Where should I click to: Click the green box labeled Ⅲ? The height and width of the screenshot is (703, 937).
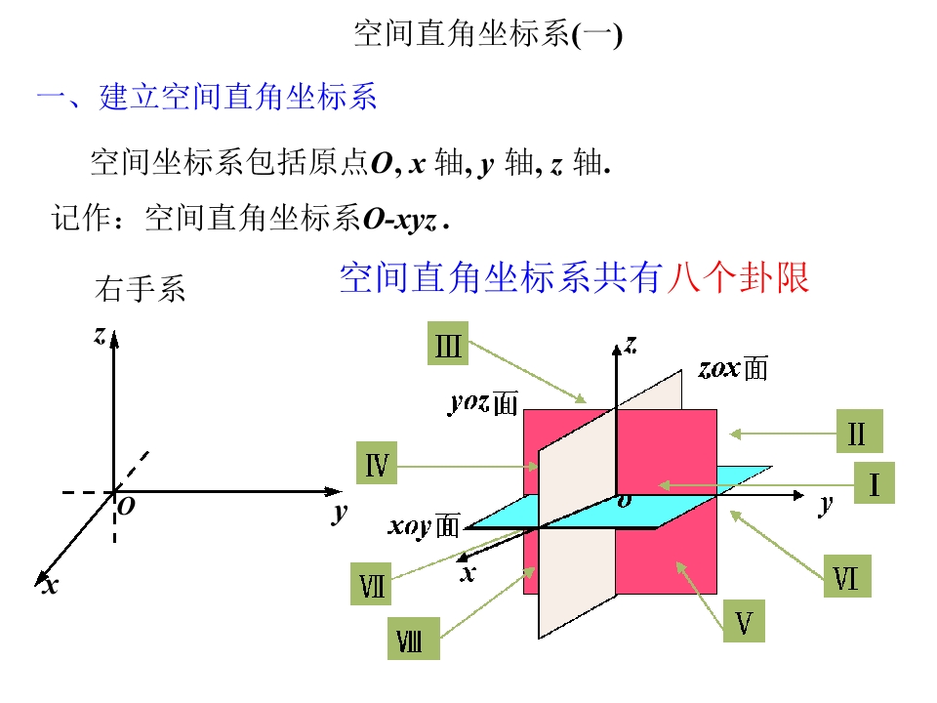tap(448, 344)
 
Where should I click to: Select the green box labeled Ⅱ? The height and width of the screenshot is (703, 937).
tap(859, 431)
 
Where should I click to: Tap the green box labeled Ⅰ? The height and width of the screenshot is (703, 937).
tap(875, 483)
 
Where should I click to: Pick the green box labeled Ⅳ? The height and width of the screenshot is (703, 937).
tap(377, 463)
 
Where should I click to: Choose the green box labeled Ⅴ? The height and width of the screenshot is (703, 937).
tap(744, 621)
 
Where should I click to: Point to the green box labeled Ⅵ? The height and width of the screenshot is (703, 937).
tap(847, 576)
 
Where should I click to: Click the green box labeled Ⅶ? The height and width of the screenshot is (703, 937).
tap(371, 584)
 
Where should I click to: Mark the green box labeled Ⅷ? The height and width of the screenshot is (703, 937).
tap(414, 639)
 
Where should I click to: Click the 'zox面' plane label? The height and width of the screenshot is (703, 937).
tap(733, 368)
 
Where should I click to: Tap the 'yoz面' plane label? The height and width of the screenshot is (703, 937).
tap(484, 403)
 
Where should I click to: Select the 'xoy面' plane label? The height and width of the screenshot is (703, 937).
tap(425, 526)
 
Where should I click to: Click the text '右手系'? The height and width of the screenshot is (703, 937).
tap(141, 289)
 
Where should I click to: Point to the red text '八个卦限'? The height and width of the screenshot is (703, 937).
tap(739, 277)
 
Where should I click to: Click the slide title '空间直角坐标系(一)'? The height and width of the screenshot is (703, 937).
tap(488, 33)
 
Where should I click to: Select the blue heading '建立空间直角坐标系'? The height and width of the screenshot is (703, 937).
tap(238, 97)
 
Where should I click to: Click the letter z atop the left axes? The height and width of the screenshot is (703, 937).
tap(100, 335)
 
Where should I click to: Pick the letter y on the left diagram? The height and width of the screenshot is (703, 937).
tap(340, 513)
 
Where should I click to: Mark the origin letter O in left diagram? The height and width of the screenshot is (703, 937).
tap(127, 507)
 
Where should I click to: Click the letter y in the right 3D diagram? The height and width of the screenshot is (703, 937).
tap(826, 505)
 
